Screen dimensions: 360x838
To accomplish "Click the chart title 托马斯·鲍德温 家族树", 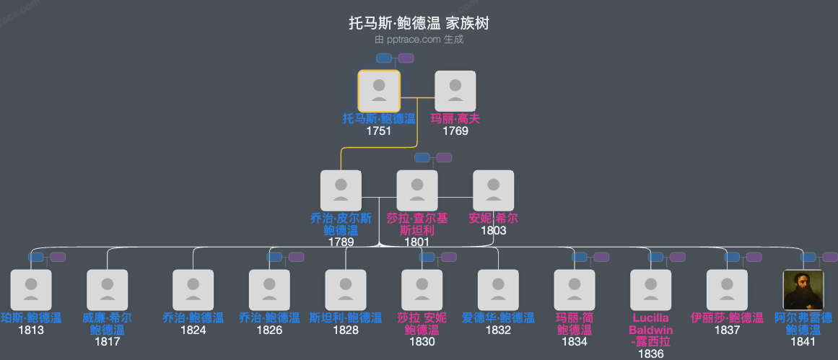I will tap(419, 24).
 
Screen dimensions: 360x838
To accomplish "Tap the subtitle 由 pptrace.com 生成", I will tap(419, 40).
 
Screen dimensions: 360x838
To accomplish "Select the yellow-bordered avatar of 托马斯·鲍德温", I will tap(379, 91).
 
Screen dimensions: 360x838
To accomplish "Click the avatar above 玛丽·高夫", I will tap(455, 91).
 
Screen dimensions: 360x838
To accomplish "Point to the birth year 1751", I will tap(379, 131).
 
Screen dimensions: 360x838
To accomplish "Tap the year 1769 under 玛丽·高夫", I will tap(455, 131).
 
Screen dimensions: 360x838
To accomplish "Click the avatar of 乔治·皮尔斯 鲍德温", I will tap(341, 190).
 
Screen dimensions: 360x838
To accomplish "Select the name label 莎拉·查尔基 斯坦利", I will tap(417, 224).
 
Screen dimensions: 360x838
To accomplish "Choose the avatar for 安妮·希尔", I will tap(493, 190).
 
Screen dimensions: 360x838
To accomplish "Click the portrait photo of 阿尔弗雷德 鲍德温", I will tap(803, 290).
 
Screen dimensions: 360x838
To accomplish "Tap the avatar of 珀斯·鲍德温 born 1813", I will tap(31, 290).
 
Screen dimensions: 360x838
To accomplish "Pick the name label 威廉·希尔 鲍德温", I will tap(107, 323).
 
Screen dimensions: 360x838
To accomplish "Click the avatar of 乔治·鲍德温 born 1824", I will tap(193, 290).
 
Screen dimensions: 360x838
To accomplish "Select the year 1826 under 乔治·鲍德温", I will tap(269, 330).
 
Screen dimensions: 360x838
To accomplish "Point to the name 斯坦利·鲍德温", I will tap(346, 317).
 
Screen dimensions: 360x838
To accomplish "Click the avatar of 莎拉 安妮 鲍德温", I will tap(422, 290).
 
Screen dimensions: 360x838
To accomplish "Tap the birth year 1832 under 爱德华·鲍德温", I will tap(498, 330).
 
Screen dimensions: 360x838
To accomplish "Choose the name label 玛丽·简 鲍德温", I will tap(574, 323).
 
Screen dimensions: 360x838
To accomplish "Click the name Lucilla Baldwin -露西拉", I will tap(650, 330).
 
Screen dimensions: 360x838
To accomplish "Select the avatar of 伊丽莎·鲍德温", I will tap(727, 290).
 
